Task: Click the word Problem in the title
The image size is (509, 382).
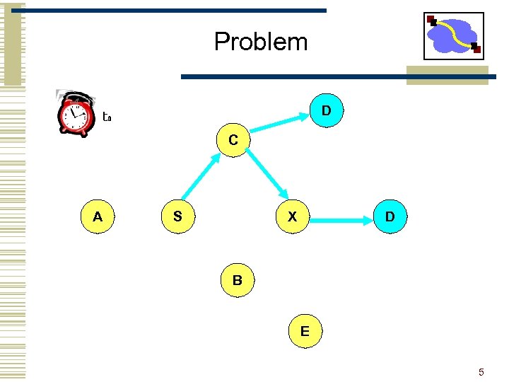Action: (x=261, y=42)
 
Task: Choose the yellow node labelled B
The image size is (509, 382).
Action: (x=238, y=280)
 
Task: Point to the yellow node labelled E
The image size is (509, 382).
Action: (x=305, y=330)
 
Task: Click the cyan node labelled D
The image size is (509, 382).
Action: (x=327, y=111)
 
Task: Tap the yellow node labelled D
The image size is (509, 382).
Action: (x=390, y=217)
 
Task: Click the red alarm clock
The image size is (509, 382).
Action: (x=75, y=115)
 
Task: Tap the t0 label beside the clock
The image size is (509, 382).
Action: (x=107, y=117)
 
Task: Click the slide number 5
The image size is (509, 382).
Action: (x=481, y=372)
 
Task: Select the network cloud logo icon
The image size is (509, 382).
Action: (x=453, y=35)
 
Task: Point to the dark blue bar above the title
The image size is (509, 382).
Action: (x=179, y=11)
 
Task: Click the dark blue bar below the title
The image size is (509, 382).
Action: (x=293, y=76)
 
